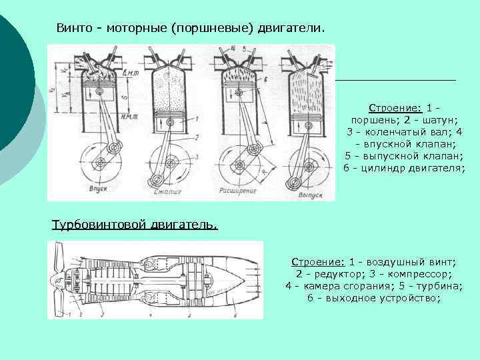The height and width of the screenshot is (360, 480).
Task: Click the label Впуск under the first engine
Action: pyautogui.click(x=98, y=190)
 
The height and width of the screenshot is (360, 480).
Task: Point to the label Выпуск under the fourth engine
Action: pyautogui.click(x=309, y=196)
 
